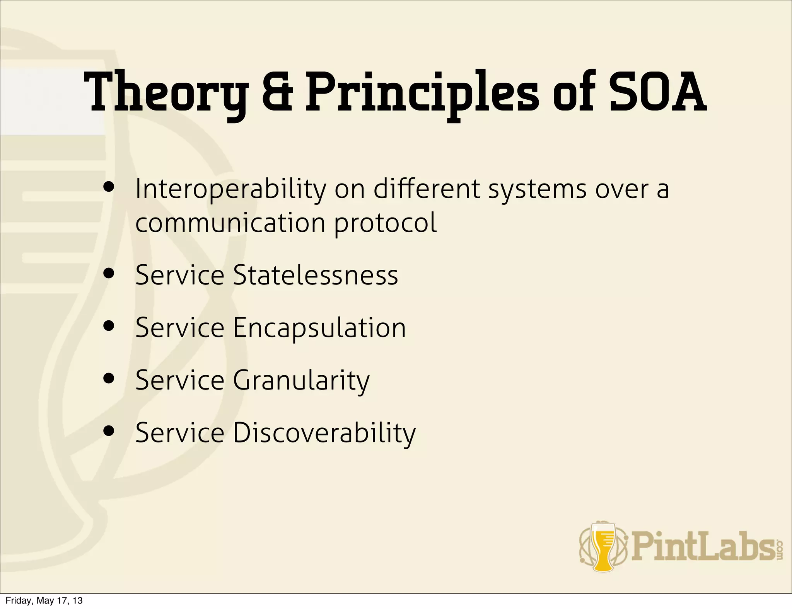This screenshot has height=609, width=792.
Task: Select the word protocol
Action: (x=386, y=223)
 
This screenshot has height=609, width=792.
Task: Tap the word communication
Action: (x=230, y=223)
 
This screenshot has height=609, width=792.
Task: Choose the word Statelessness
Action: (x=315, y=276)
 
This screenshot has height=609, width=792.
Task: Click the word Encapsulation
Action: (x=319, y=328)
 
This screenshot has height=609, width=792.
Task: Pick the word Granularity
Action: (x=301, y=381)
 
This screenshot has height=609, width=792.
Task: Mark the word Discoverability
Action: (x=324, y=433)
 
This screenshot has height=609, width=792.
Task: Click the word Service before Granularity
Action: (x=180, y=381)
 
